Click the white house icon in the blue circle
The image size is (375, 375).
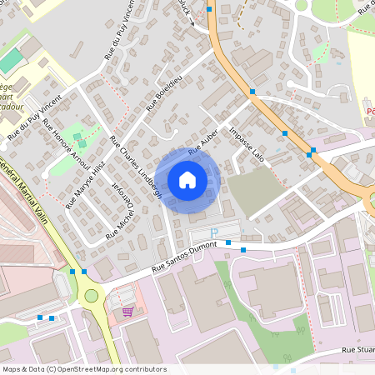pyautogui.click(x=187, y=179)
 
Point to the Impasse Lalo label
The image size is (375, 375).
pyautogui.click(x=247, y=143)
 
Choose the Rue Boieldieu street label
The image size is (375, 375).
pyautogui.click(x=163, y=95)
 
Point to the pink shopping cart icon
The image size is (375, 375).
pyautogui.click(x=127, y=312)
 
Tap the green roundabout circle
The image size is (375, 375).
pyautogui.click(x=91, y=296)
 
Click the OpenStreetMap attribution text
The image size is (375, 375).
pyautogui.click(x=83, y=369)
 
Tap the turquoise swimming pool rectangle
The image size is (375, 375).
pyautogui.click(x=12, y=61)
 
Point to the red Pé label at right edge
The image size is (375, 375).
pyautogui.click(x=370, y=109)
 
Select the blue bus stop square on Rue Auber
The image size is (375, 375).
pyautogui.click(x=252, y=92)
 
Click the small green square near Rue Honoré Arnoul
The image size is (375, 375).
pyautogui.click(x=78, y=136)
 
